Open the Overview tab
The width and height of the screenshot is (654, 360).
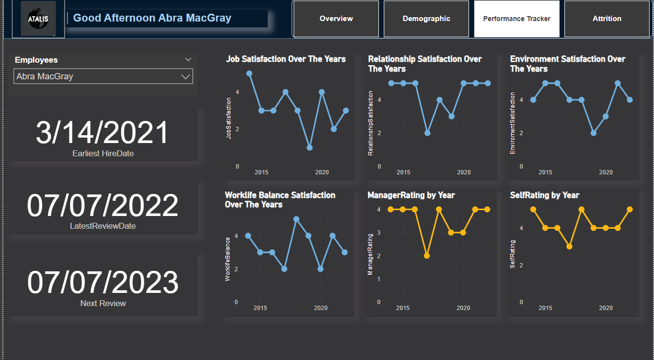point(336,19)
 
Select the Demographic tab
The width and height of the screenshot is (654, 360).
point(426,19)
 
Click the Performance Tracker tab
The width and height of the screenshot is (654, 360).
point(516,19)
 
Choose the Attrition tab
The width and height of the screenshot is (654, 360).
point(607,19)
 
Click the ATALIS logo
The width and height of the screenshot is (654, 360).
point(38,19)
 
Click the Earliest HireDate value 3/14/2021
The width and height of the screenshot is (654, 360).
point(103,133)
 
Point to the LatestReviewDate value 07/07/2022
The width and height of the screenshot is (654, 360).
point(103,206)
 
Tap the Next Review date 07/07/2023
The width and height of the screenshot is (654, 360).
point(103,283)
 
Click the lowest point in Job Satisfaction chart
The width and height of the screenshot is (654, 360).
point(310,147)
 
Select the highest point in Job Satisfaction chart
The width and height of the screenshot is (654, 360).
point(249,73)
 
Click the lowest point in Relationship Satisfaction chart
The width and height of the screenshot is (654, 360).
point(427,133)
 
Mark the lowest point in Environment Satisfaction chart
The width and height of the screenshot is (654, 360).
point(594,133)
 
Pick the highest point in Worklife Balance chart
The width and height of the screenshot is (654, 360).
point(296,219)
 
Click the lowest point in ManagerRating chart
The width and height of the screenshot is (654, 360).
point(427,256)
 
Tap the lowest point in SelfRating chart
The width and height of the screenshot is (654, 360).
point(569,246)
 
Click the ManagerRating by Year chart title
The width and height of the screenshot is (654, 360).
point(411,195)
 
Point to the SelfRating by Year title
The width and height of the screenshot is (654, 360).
point(544,195)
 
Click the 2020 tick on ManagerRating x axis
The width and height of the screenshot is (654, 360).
point(463,308)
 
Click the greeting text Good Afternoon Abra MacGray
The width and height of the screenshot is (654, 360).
point(152,18)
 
